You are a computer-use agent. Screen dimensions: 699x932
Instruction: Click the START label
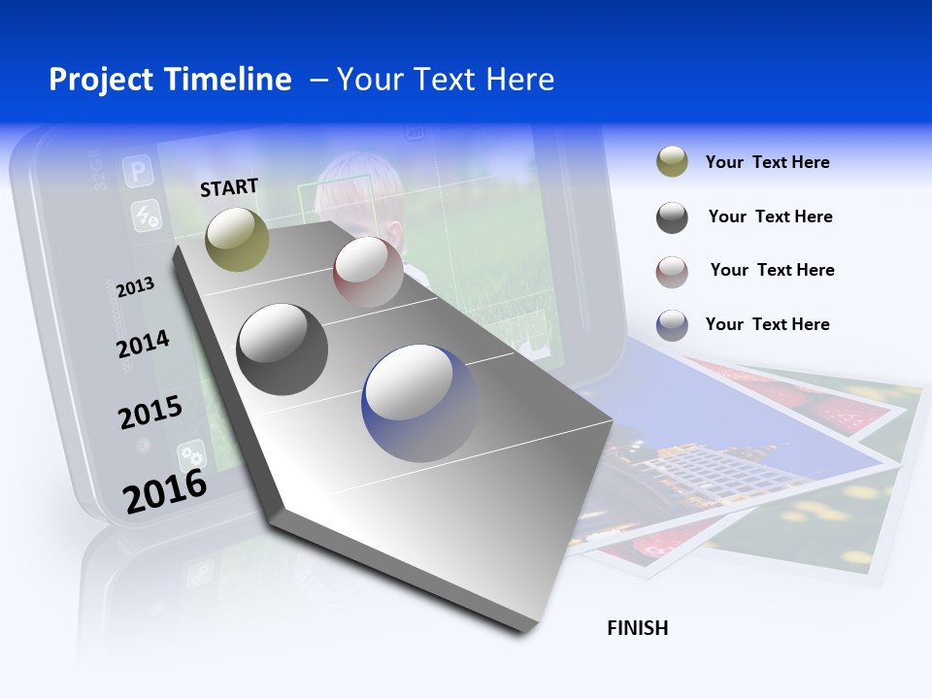pos(229,187)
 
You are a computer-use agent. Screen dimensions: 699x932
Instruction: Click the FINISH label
pos(637,628)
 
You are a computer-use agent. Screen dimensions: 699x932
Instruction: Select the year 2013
pos(135,287)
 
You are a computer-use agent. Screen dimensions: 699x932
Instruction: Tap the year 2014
pos(143,344)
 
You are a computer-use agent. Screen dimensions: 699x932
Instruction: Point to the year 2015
pos(150,412)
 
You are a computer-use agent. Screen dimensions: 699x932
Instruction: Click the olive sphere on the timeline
pos(238,239)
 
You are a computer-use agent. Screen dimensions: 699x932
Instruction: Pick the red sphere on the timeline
pos(368,272)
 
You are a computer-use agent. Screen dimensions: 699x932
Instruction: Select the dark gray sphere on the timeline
pos(282,349)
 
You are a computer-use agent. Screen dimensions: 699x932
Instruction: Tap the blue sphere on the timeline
pos(420,403)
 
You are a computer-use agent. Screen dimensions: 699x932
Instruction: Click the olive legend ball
pos(672,162)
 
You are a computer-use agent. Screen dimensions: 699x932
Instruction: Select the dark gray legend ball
pos(672,217)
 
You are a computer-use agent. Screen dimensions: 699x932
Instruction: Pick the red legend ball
pos(672,271)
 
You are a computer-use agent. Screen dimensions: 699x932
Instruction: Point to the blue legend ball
pos(672,325)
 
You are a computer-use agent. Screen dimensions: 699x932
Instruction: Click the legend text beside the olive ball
pos(767,162)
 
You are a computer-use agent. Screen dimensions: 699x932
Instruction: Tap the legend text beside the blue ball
pos(767,324)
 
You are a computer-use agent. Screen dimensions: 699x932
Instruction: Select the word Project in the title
pos(102,80)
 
